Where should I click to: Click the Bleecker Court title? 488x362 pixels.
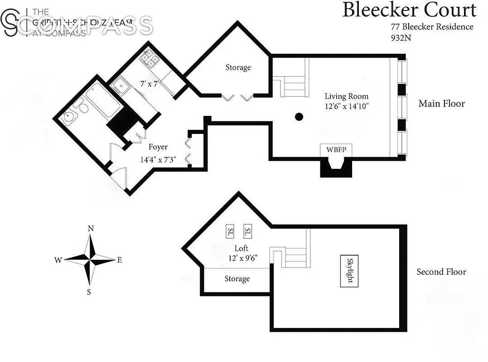[409, 10]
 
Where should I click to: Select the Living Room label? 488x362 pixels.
[346, 96]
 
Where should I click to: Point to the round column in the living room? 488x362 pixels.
[299, 117]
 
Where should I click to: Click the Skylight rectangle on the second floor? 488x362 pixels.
[349, 271]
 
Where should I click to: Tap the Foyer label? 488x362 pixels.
[158, 147]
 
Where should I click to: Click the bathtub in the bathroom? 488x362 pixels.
[103, 100]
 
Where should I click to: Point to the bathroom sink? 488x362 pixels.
[69, 117]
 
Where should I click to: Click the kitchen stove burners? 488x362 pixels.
[150, 57]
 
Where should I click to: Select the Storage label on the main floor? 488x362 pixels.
[238, 67]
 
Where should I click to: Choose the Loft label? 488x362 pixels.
[241, 248]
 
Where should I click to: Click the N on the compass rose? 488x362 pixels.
[91, 229]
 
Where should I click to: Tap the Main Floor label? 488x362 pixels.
[441, 104]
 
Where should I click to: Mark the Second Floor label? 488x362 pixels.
[441, 272]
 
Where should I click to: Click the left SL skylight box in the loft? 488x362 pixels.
[230, 232]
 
